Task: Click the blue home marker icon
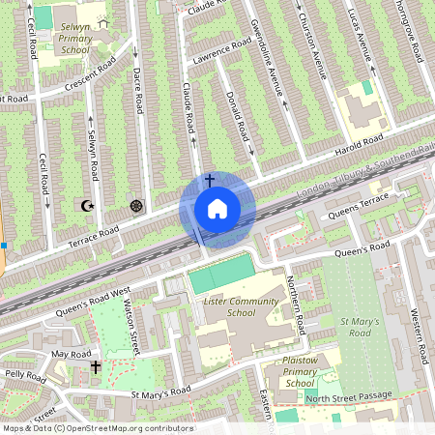[x=217, y=209]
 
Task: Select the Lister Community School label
[x=227, y=306]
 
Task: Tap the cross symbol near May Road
[x=96, y=367]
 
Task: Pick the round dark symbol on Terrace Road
[x=135, y=206]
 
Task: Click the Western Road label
[x=417, y=334]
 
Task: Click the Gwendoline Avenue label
[x=266, y=58]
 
